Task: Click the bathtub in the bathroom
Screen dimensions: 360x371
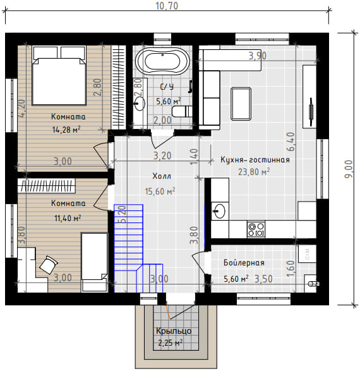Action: pyautogui.click(x=162, y=61)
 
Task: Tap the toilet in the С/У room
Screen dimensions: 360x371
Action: pyautogui.click(x=182, y=112)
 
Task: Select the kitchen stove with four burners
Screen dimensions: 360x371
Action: pyautogui.click(x=256, y=229)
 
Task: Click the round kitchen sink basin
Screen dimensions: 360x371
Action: pyautogui.click(x=219, y=211)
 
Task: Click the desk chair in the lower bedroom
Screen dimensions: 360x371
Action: pyautogui.click(x=49, y=265)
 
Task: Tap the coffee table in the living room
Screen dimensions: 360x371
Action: pyautogui.click(x=241, y=104)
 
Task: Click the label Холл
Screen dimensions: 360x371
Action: pyautogui.click(x=162, y=176)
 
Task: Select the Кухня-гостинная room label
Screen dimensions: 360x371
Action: pyautogui.click(x=255, y=160)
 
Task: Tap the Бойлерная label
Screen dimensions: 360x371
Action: pyautogui.click(x=244, y=263)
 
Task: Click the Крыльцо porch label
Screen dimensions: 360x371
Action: pyautogui.click(x=174, y=331)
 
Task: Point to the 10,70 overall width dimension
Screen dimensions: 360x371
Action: pyautogui.click(x=167, y=6)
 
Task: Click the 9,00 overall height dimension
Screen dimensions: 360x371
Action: pyautogui.click(x=349, y=169)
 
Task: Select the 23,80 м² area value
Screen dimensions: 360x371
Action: pyautogui.click(x=254, y=172)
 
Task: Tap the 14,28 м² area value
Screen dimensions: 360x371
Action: pyautogui.click(x=66, y=130)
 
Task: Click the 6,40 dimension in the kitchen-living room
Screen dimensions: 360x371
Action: pyautogui.click(x=291, y=142)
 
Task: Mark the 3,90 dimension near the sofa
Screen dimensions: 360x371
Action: pyautogui.click(x=258, y=56)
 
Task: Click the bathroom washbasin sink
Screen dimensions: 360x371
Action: pyautogui.click(x=140, y=104)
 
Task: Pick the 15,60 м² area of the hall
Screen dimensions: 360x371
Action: pyautogui.click(x=160, y=191)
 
